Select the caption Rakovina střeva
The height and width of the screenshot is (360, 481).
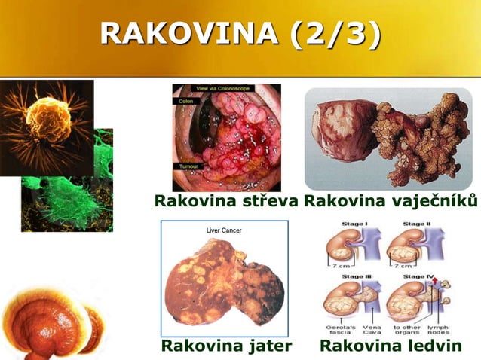226,201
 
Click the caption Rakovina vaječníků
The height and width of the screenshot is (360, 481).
391,201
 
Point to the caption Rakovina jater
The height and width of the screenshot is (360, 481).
226,346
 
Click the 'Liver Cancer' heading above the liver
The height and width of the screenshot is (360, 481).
225,230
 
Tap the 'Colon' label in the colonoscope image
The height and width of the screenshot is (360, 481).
185,100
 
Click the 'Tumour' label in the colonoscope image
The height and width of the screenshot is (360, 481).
188,166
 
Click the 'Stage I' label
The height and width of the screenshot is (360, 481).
354,224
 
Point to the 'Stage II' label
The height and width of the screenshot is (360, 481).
415,224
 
